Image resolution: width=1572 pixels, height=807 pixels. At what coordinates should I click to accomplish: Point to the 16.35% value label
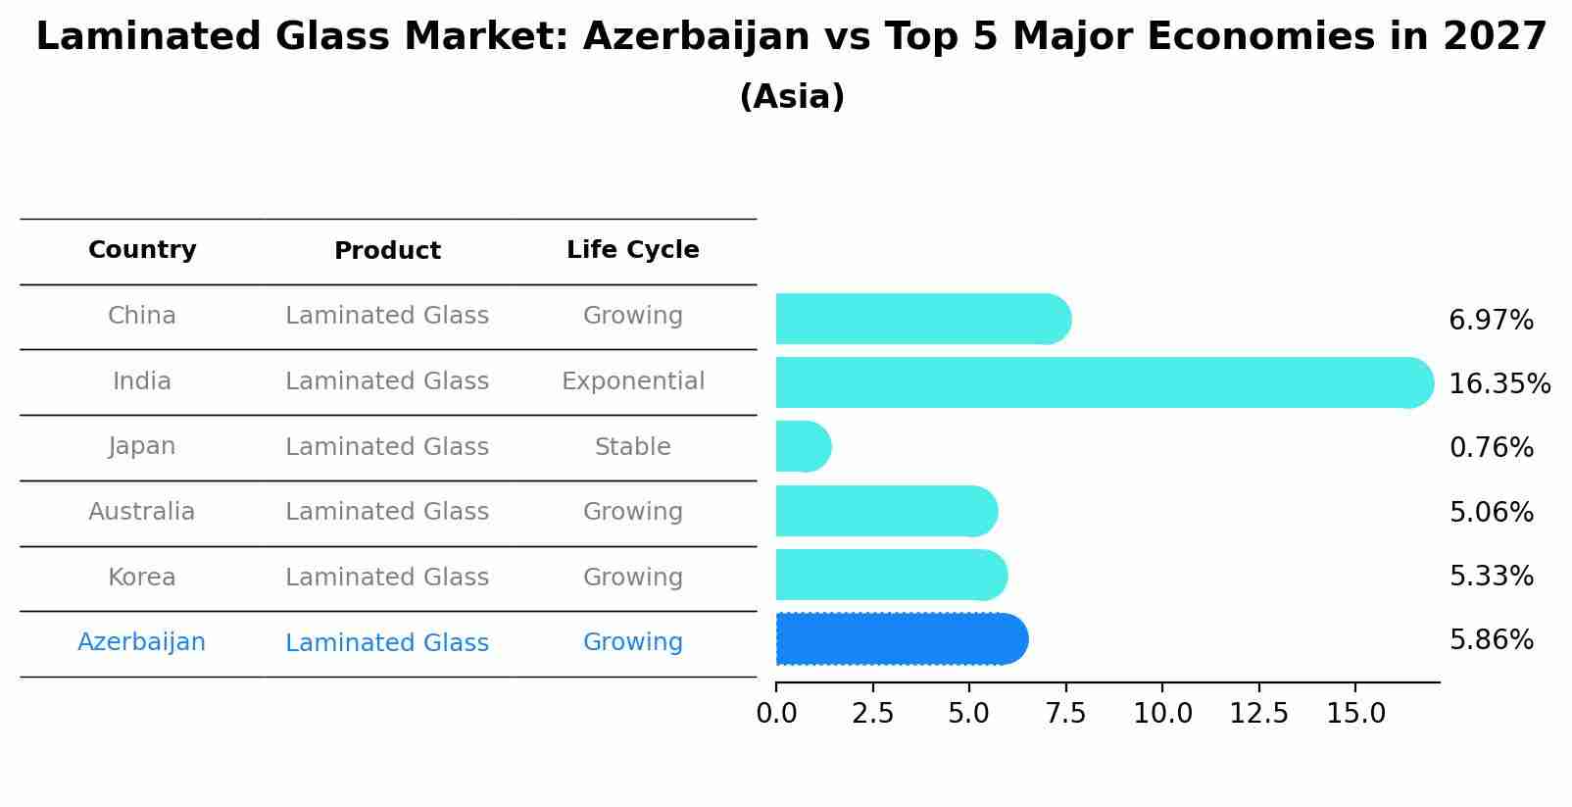pos(1498,383)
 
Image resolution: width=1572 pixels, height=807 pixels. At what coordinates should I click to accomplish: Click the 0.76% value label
pos(1491,448)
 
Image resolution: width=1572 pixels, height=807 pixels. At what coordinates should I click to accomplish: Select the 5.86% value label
pos(1491,640)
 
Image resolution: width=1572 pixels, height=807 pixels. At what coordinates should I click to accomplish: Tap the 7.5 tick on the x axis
pos(1065,714)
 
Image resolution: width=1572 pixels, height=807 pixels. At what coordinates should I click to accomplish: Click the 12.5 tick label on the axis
pos(1258,714)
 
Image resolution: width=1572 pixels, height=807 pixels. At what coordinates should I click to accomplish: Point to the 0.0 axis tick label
pos(776,714)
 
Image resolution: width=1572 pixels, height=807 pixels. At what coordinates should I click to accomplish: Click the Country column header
pos(142,250)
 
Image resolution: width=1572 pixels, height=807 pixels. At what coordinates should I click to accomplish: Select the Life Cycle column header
pos(632,250)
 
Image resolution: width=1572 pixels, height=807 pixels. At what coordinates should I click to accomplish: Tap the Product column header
pos(387,251)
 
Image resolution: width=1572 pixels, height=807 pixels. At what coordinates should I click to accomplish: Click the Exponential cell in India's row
pos(632,381)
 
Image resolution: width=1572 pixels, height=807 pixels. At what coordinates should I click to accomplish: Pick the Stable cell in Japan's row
pos(632,447)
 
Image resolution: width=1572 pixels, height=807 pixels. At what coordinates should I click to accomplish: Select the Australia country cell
pos(141,512)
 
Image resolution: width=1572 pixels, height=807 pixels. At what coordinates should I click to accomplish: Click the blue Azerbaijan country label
pos(141,642)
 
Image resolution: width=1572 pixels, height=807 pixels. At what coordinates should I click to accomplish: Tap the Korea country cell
pos(141,578)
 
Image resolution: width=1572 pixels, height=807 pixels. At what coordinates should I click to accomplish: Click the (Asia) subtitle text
pos(792,97)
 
